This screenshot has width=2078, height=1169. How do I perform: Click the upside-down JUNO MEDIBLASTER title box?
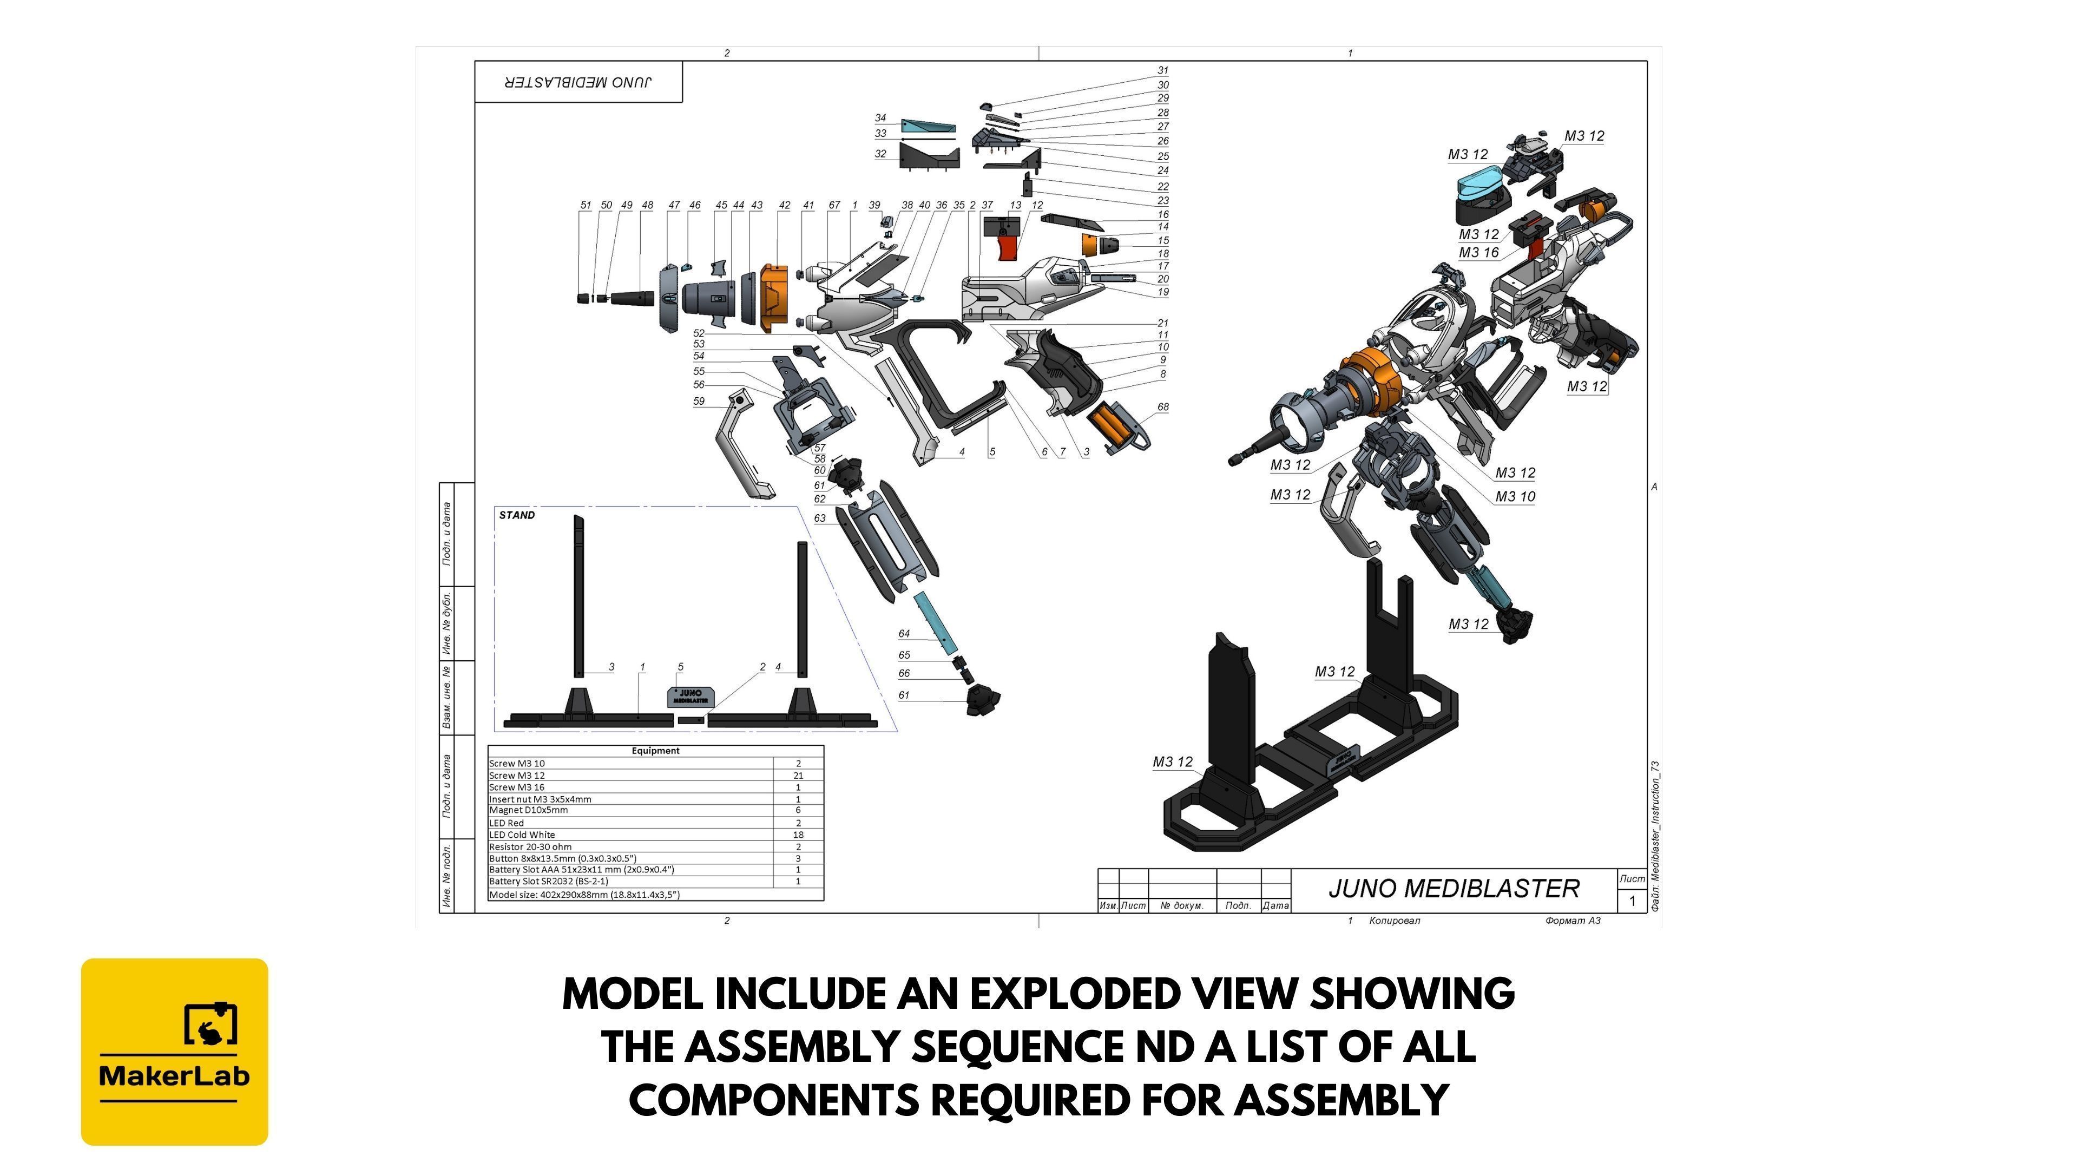tap(578, 82)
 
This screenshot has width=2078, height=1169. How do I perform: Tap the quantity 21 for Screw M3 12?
tap(798, 776)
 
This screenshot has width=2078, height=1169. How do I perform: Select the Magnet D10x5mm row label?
tap(528, 810)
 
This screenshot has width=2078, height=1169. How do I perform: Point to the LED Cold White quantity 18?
tap(798, 835)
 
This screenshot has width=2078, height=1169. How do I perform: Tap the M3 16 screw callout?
tap(1478, 253)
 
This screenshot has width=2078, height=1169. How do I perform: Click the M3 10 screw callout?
tap(1515, 497)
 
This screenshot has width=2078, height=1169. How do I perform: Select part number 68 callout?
tap(1162, 408)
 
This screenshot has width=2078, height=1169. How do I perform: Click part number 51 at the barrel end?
tap(586, 206)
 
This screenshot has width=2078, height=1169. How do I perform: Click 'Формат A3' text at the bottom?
tap(1572, 921)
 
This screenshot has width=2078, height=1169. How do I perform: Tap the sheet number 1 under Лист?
tap(1632, 901)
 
